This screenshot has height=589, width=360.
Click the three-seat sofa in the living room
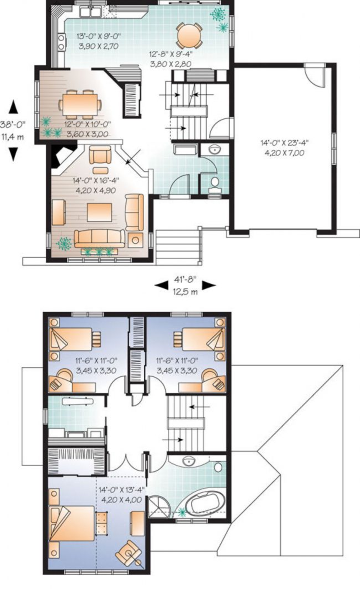pyautogui.click(x=100, y=239)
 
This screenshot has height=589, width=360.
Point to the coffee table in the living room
pyautogui.click(x=100, y=212)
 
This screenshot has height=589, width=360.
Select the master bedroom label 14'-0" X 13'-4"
pyautogui.click(x=121, y=490)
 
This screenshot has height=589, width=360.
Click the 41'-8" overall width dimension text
pyautogui.click(x=185, y=280)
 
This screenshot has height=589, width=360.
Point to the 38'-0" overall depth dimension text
pyautogui.click(x=13, y=125)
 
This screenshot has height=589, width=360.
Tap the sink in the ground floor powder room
pyautogui.click(x=215, y=149)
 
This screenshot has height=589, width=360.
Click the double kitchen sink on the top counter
pyautogui.click(x=90, y=12)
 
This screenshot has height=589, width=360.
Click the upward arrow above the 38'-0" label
pyautogui.click(x=13, y=107)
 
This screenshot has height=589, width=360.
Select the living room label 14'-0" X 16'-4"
pyautogui.click(x=94, y=180)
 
